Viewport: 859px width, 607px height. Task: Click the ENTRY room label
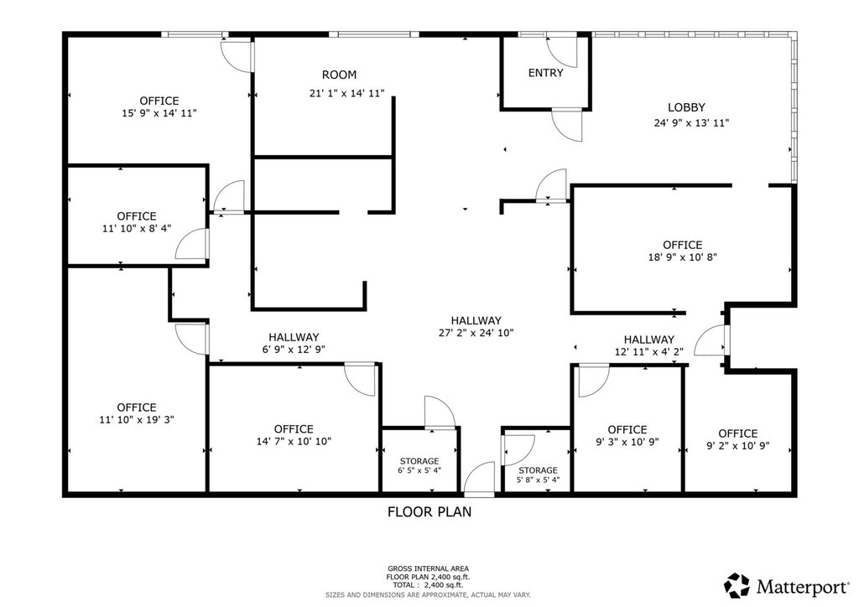pyautogui.click(x=545, y=73)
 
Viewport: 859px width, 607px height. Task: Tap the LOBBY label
pyautogui.click(x=686, y=107)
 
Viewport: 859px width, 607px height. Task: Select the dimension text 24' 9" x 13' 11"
pyautogui.click(x=691, y=122)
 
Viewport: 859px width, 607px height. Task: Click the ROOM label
pyautogui.click(x=339, y=75)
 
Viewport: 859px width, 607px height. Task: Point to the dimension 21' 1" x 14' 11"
pyautogui.click(x=346, y=93)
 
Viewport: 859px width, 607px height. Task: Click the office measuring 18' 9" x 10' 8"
pyautogui.click(x=683, y=251)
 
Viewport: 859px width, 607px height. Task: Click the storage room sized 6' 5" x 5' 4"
pyautogui.click(x=419, y=465)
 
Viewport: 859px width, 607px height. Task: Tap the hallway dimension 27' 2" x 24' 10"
pyautogui.click(x=476, y=332)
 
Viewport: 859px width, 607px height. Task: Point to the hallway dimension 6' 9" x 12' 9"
pyautogui.click(x=294, y=350)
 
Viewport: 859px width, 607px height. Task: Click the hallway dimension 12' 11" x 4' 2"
pyautogui.click(x=649, y=351)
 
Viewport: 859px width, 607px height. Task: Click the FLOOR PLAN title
pyautogui.click(x=429, y=511)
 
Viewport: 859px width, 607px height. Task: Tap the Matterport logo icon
pyautogui.click(x=737, y=585)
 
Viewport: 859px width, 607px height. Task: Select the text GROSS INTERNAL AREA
pyautogui.click(x=429, y=568)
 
